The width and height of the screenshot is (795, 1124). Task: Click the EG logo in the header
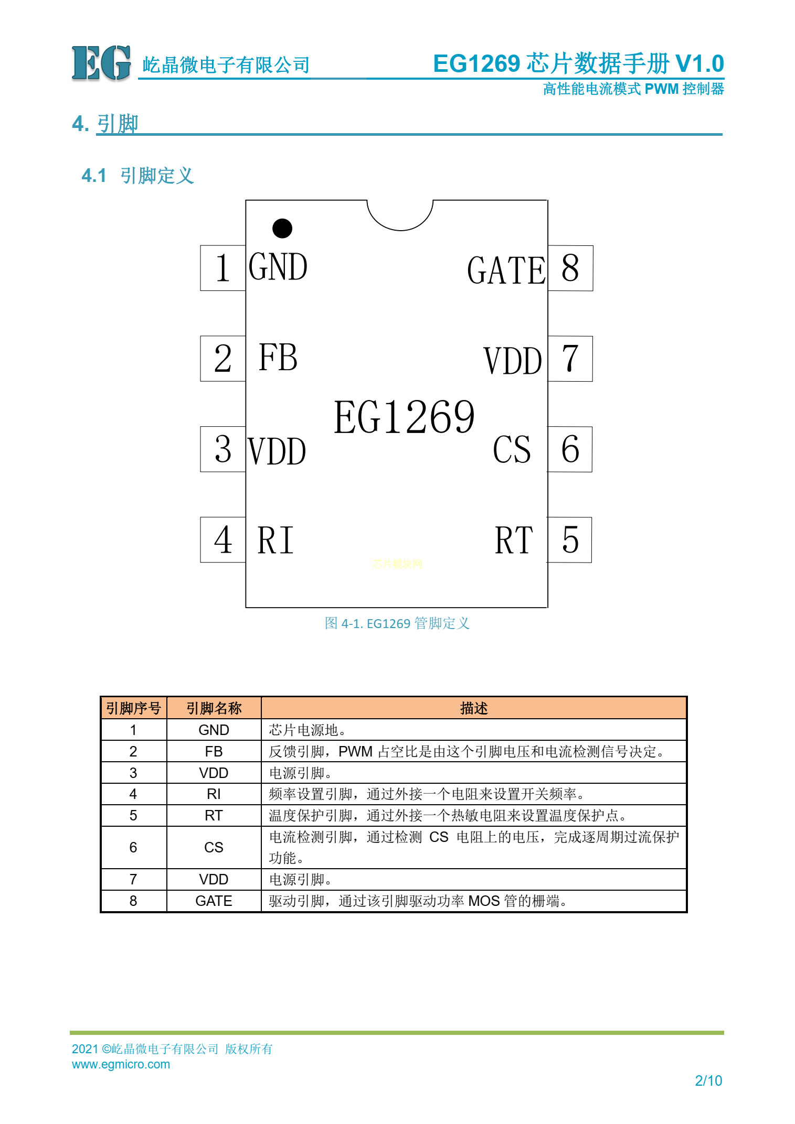(x=101, y=63)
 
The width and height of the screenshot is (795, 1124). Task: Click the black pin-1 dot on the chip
(x=282, y=229)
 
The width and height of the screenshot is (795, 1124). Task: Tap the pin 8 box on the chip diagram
(x=570, y=268)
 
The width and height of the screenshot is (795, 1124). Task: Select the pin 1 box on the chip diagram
(x=223, y=268)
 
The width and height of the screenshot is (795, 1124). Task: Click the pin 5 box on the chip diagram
(x=569, y=540)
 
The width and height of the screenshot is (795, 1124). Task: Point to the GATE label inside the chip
(x=506, y=271)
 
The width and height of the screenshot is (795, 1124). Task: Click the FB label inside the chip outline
(x=278, y=358)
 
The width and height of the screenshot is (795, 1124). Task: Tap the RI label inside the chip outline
(x=275, y=540)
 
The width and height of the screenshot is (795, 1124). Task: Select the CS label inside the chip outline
(x=512, y=449)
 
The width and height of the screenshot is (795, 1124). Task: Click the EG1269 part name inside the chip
(x=404, y=417)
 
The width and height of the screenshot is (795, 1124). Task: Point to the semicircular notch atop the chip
(x=400, y=215)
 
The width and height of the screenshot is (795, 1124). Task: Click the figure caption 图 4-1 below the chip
(x=397, y=623)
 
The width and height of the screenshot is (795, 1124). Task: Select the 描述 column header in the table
(x=474, y=708)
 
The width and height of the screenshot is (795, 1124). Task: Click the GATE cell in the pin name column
(x=214, y=901)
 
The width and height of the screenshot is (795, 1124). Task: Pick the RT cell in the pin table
(x=214, y=815)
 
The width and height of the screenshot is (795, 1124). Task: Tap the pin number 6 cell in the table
(x=133, y=847)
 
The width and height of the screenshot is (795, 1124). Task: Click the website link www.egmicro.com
(x=121, y=1064)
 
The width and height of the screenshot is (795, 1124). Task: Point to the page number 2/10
(x=708, y=1080)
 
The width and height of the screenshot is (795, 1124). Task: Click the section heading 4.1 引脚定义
(x=137, y=176)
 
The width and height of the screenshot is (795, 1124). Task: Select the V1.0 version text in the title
(x=699, y=64)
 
